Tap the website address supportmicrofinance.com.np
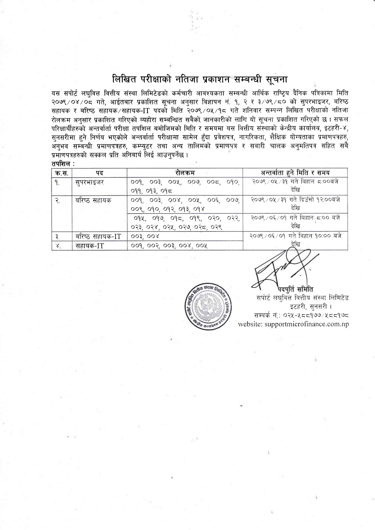(293, 324)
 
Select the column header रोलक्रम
(185, 173)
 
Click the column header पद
(99, 173)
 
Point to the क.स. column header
(62, 173)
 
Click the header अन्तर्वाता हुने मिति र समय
(295, 173)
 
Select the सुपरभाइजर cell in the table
(90, 183)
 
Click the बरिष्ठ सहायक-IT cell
(98, 237)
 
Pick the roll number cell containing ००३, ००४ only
(145, 237)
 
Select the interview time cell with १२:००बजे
(295, 203)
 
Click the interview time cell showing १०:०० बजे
(295, 240)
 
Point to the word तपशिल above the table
(60, 164)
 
